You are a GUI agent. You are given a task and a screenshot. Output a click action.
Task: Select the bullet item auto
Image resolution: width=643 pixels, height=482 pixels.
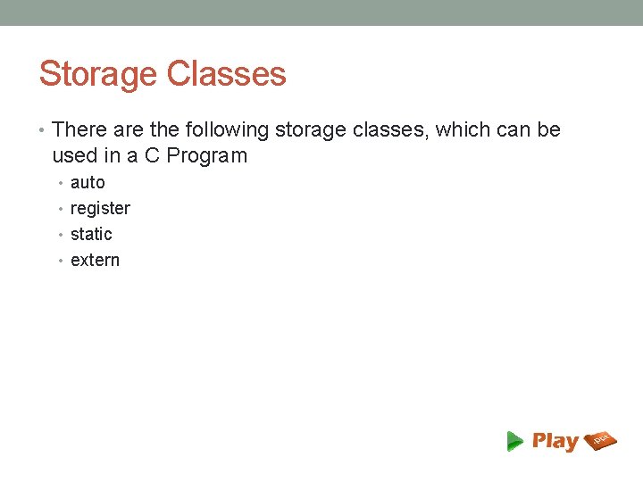[88, 183]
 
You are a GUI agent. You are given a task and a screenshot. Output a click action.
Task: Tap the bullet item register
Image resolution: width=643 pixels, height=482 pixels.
[100, 209]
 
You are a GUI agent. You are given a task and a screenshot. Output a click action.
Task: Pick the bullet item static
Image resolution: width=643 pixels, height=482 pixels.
[91, 235]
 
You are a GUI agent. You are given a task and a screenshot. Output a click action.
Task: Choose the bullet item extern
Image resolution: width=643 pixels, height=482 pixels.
[95, 261]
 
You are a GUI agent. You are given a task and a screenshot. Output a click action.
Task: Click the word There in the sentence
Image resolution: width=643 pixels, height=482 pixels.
[79, 130]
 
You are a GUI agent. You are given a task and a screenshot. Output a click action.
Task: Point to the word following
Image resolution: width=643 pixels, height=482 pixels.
[228, 130]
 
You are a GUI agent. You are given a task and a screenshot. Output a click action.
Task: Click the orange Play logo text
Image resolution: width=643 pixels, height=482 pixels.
[555, 441]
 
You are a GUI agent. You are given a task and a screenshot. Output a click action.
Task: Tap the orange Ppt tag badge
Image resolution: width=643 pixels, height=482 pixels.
[600, 440]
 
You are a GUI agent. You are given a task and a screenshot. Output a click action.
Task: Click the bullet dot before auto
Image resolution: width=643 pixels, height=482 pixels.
[63, 184]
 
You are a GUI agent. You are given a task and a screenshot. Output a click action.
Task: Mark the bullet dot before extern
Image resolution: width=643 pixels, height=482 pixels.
[63, 262]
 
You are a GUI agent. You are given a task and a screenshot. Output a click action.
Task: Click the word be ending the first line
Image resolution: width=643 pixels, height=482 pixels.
[548, 130]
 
